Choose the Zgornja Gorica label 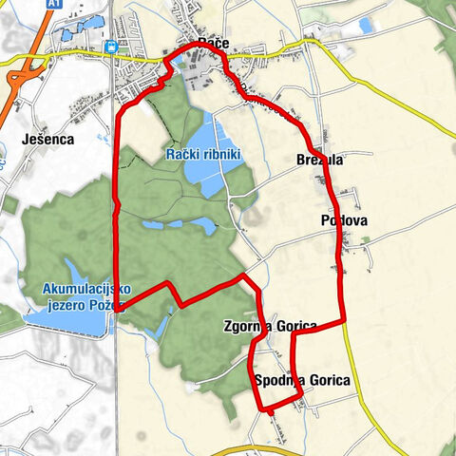pos(269,327)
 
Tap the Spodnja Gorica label pos(302,381)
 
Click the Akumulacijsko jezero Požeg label pos(84,296)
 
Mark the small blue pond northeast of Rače pos(365,26)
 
